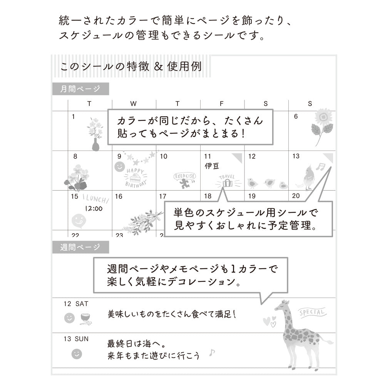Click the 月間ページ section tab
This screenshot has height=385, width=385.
click(80, 89)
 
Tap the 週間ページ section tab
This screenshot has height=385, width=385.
click(80, 247)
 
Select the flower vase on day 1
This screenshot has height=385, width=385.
click(95, 134)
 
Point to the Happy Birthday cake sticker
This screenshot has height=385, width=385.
click(136, 178)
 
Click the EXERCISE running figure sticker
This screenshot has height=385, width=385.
click(185, 180)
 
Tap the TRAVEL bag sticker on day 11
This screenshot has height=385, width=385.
click(228, 181)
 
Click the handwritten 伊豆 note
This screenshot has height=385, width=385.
click(212, 166)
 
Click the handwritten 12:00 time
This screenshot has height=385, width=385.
click(94, 209)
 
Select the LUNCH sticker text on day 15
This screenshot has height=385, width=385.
click(96, 198)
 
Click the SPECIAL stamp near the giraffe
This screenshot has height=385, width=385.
click(312, 312)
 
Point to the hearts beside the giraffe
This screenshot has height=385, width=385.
click(269, 321)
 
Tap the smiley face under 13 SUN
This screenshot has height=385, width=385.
click(77, 354)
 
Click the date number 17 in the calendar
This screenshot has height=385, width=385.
click(163, 196)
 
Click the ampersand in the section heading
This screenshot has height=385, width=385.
click(158, 67)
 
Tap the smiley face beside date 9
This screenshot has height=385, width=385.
click(120, 167)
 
